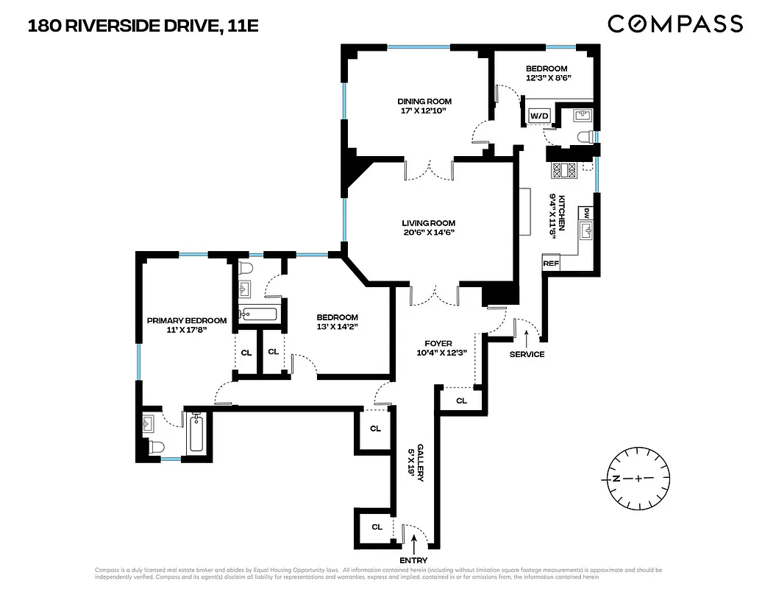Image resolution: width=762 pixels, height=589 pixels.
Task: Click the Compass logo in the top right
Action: [x=674, y=24]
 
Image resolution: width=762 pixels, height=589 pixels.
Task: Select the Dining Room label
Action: [x=424, y=102]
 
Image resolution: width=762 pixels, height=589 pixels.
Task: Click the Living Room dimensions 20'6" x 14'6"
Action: [x=428, y=233]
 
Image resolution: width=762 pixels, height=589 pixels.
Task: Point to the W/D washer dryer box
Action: [x=539, y=116]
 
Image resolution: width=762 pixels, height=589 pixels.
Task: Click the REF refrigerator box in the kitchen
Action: [x=551, y=263]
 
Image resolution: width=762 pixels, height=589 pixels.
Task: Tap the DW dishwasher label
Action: [x=587, y=213]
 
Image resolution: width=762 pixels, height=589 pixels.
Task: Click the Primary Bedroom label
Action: [x=187, y=320]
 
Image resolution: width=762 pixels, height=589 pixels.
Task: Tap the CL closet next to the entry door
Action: [x=377, y=526]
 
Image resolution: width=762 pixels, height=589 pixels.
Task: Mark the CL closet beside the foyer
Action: [x=461, y=401]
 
